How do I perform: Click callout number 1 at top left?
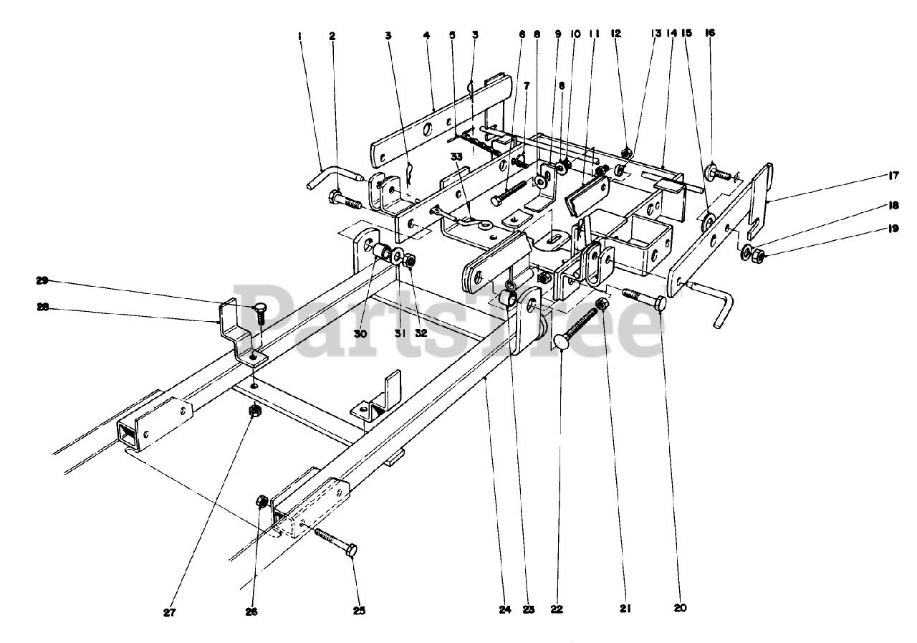pyautogui.click(x=300, y=34)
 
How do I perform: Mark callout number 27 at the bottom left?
pyautogui.click(x=170, y=613)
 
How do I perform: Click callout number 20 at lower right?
pyautogui.click(x=681, y=608)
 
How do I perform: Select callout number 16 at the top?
pyautogui.click(x=710, y=33)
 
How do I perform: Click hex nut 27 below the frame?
pyautogui.click(x=253, y=411)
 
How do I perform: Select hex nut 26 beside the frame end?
pyautogui.click(x=261, y=500)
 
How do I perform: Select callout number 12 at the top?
pyautogui.click(x=616, y=33)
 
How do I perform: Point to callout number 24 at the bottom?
pyautogui.click(x=506, y=610)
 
